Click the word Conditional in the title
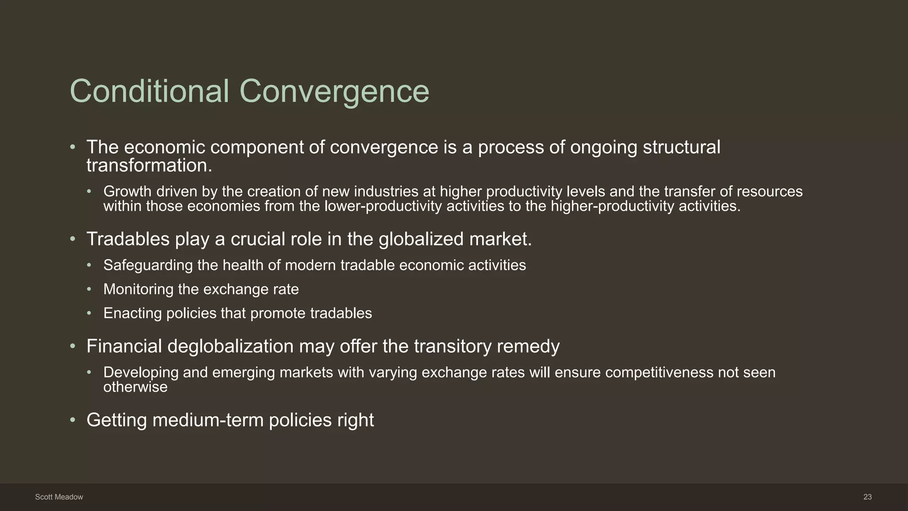pyautogui.click(x=149, y=91)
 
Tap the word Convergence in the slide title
pyautogui.click(x=334, y=91)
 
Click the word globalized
pyautogui.click(x=421, y=239)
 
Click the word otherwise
pyautogui.click(x=135, y=387)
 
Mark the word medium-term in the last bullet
pyautogui.click(x=208, y=420)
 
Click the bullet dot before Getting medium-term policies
pyautogui.click(x=73, y=420)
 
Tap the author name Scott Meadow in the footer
pyautogui.click(x=59, y=497)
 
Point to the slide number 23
pyautogui.click(x=868, y=497)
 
